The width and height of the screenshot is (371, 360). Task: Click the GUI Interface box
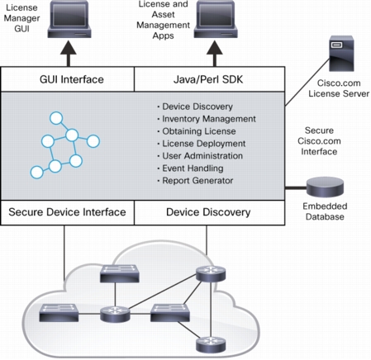click(x=68, y=79)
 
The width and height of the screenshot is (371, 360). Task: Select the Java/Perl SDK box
click(x=210, y=79)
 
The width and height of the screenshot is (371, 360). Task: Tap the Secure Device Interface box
click(x=68, y=212)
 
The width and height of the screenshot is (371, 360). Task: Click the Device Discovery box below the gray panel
click(x=210, y=212)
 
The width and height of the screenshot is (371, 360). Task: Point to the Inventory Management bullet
click(x=207, y=119)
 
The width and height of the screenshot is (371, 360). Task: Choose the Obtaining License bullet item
click(x=197, y=131)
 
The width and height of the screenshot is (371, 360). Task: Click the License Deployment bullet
click(x=202, y=144)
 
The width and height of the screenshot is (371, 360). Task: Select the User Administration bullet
click(x=200, y=156)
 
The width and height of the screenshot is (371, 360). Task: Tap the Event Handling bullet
click(x=190, y=168)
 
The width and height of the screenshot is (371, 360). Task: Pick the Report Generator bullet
click(x=195, y=181)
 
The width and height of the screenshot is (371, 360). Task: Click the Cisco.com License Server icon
click(x=341, y=54)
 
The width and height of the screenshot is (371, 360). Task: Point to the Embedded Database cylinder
click(x=326, y=187)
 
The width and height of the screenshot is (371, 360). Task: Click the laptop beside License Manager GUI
click(x=69, y=19)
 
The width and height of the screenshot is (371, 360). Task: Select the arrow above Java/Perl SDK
click(x=215, y=54)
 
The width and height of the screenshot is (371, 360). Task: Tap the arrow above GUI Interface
click(x=69, y=54)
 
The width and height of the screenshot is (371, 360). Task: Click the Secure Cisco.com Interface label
click(x=319, y=141)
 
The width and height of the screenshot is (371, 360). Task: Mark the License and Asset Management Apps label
click(x=163, y=20)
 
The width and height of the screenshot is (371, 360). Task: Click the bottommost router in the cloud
click(x=211, y=344)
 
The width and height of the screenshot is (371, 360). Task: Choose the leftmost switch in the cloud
click(x=59, y=313)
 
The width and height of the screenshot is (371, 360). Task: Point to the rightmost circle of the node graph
click(x=93, y=141)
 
